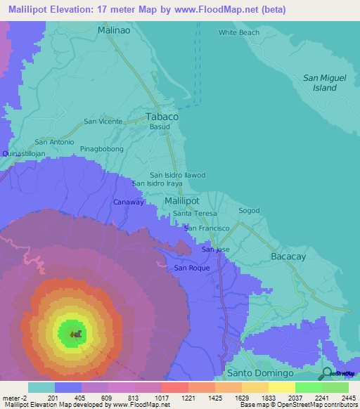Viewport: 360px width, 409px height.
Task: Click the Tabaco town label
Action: [161, 116]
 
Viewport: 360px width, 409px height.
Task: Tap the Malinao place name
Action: [113, 30]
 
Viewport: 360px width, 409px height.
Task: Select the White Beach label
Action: [238, 32]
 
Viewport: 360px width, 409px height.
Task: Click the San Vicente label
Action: [103, 121]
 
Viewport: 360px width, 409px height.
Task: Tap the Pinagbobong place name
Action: [101, 149]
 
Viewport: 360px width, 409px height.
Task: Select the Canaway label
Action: [129, 202]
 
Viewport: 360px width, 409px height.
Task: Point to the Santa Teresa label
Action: [195, 213]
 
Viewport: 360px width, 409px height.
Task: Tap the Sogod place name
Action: [249, 210]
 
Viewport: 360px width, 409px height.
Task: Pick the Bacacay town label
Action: [288, 257]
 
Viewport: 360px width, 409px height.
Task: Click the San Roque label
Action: [192, 268]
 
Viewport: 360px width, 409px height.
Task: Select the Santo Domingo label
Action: [259, 372]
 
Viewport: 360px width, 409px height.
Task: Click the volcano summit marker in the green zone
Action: [76, 333]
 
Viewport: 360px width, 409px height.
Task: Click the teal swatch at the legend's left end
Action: [41, 387]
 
